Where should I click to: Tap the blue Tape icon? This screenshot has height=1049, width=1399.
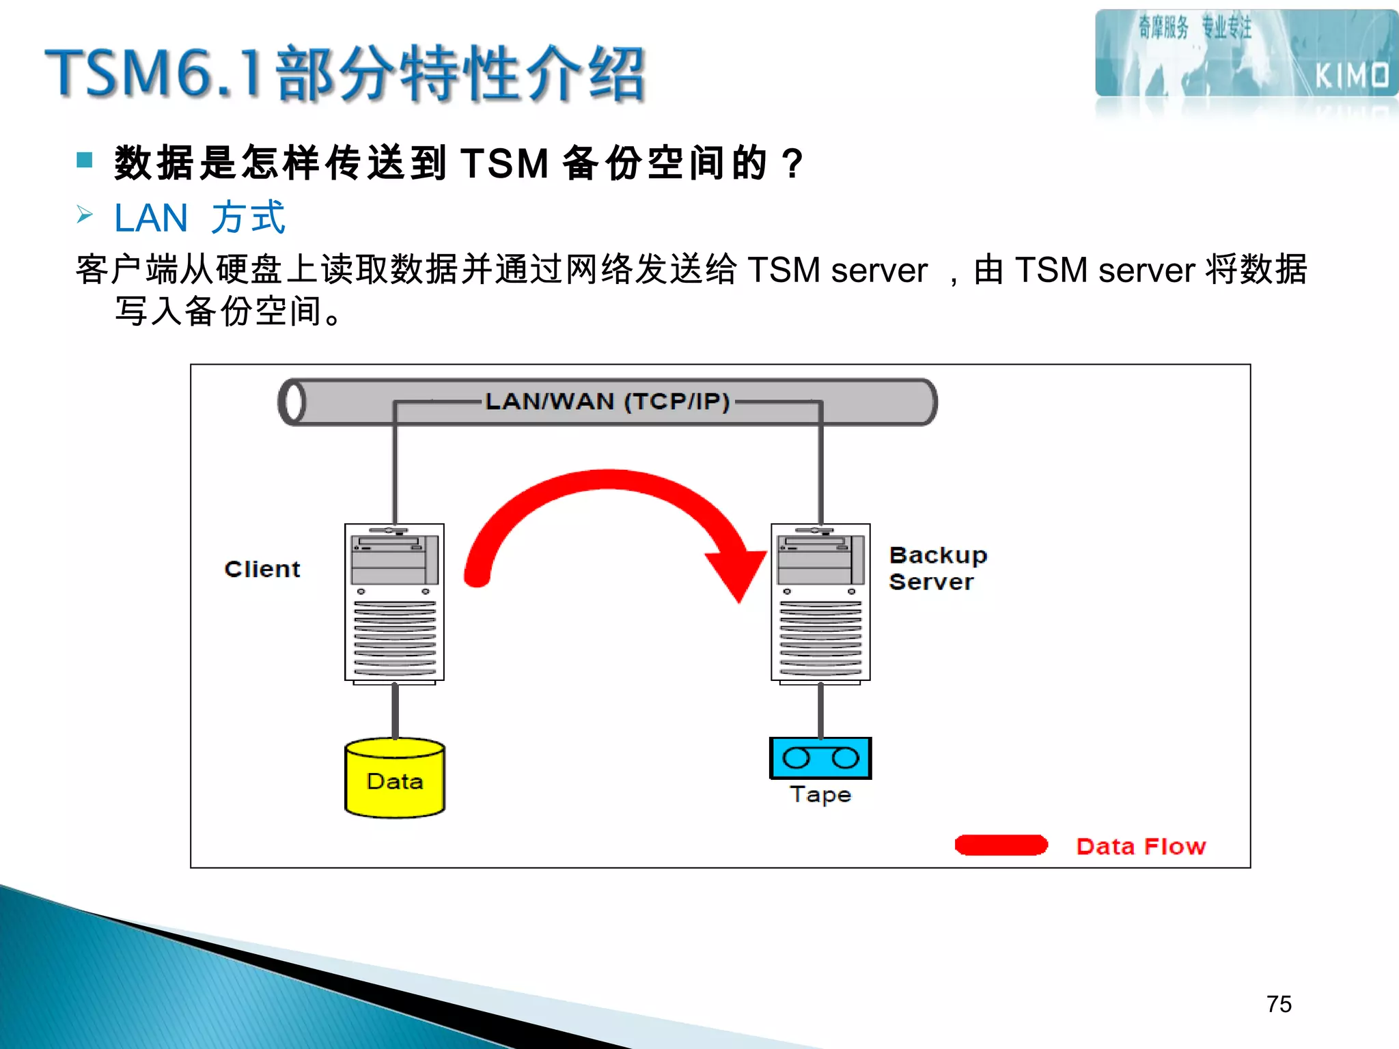click(x=820, y=758)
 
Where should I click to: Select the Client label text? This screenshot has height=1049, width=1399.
click(x=262, y=569)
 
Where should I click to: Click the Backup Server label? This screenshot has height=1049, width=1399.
click(x=937, y=568)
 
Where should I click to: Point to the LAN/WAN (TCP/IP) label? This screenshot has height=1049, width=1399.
click(x=607, y=402)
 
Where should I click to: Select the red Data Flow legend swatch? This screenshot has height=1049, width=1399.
click(x=1001, y=845)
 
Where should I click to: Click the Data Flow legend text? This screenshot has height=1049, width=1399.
click(x=1141, y=847)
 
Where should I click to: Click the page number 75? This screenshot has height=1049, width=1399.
click(x=1279, y=1004)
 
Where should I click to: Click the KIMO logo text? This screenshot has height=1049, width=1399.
click(x=1352, y=76)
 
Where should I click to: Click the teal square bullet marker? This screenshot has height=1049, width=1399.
click(x=85, y=160)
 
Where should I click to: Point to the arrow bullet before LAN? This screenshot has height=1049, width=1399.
click(x=85, y=215)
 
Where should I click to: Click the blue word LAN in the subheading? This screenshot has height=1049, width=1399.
click(x=151, y=219)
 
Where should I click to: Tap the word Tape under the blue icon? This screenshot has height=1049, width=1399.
click(x=820, y=795)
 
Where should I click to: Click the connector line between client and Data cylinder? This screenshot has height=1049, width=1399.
click(x=395, y=710)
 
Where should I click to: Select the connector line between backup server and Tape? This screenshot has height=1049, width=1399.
click(x=820, y=710)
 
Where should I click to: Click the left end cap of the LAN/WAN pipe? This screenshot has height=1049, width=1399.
click(x=294, y=402)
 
